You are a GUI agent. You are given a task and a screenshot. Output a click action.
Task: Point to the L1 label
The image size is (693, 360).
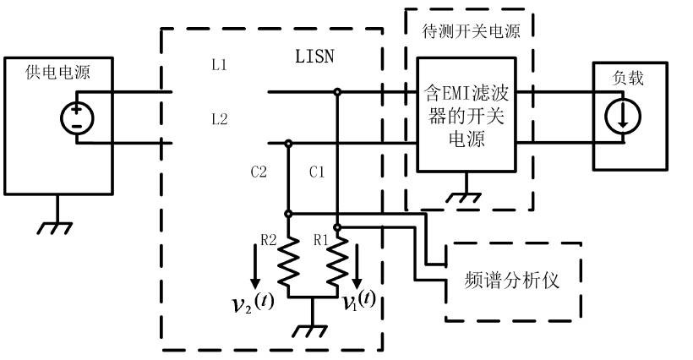click(219, 65)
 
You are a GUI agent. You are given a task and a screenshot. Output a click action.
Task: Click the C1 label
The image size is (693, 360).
click(316, 173)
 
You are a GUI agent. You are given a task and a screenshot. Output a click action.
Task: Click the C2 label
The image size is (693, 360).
click(259, 173)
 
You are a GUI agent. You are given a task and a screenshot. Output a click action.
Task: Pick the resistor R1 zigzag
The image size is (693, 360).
click(336, 264)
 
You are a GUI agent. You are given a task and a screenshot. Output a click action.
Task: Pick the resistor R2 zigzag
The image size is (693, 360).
click(289, 264)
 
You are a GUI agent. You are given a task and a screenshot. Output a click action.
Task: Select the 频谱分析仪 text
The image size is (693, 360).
click(513, 280)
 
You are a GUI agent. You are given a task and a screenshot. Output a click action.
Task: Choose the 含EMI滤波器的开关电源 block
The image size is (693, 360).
click(464, 115)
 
